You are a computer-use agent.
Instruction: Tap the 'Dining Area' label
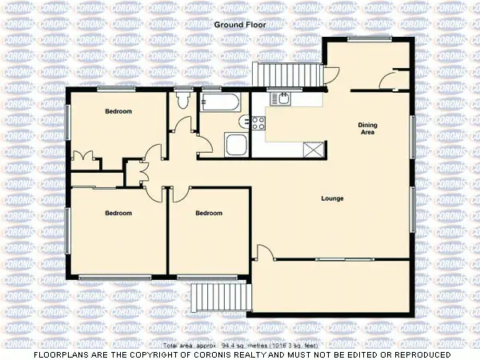coord(367,128)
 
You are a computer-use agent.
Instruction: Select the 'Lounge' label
coord(332,198)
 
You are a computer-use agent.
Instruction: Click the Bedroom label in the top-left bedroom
coord(118,111)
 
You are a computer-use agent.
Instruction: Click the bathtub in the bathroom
coord(220,102)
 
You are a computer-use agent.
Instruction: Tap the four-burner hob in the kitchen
coord(258,122)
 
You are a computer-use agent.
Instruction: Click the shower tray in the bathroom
coord(237,145)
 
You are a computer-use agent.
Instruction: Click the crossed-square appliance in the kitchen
coord(313,150)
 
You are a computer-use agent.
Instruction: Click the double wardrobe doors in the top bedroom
coord(82,157)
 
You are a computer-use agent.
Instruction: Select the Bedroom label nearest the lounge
coord(209,213)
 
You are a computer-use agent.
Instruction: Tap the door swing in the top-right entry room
coord(390,79)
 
